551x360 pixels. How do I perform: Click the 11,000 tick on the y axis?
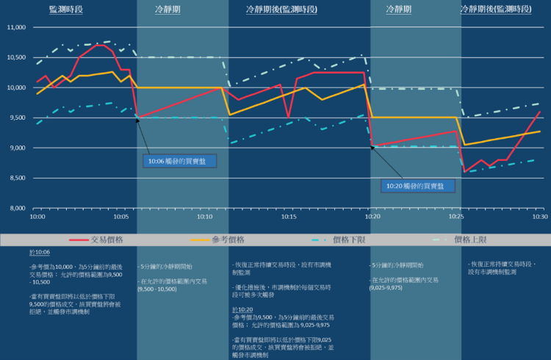coord(16,28)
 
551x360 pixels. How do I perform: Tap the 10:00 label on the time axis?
coord(37,217)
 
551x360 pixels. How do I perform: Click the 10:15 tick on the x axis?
coord(289,217)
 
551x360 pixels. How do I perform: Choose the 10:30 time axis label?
coord(540,217)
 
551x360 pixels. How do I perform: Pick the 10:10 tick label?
coord(205,217)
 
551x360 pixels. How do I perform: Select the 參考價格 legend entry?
coord(227,240)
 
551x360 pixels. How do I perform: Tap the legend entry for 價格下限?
coord(348,240)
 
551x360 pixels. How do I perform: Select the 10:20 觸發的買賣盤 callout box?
coord(418,186)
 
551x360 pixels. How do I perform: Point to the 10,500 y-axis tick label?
coord(16,58)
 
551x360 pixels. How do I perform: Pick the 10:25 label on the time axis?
coord(456,217)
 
